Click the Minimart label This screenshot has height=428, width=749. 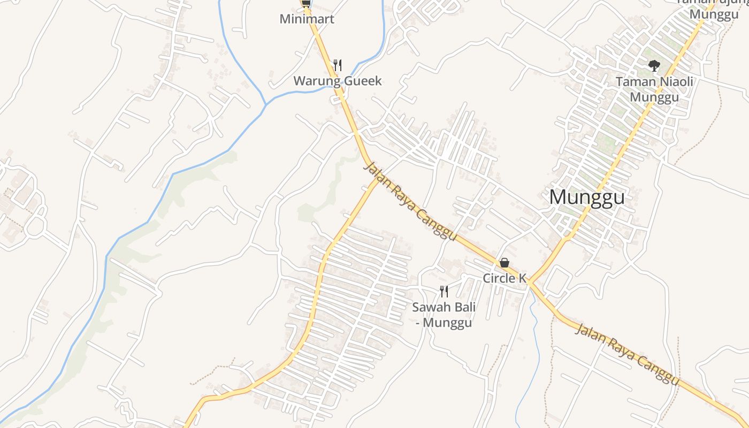point(307,19)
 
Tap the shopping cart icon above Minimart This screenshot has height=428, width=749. point(306,3)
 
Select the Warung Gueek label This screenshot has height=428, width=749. point(337,81)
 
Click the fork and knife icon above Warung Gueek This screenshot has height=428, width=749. point(338,65)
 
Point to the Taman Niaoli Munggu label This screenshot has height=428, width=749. point(654,89)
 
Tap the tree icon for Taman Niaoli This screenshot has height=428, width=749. point(654,66)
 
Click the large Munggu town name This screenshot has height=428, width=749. point(586,197)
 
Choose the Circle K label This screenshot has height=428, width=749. point(505,278)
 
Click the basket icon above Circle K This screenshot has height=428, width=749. point(504,263)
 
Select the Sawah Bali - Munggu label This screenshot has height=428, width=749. point(444,315)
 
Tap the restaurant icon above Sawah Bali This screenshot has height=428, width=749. point(444,291)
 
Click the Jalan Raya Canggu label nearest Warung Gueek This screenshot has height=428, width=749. point(410,201)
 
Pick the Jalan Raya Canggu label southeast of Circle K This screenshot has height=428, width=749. point(626,354)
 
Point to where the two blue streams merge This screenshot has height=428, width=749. point(266,102)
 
